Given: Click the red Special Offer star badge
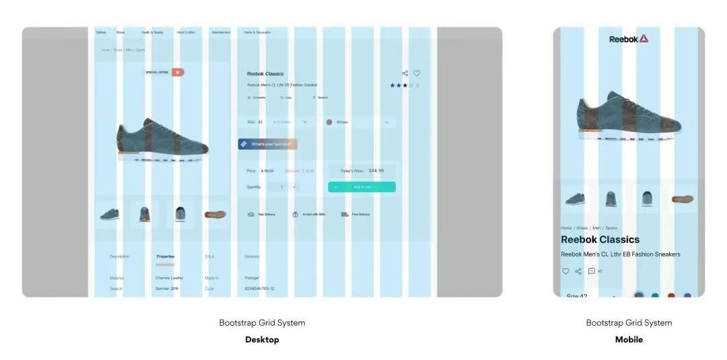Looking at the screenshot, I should (177, 72).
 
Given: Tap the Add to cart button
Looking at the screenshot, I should (361, 187).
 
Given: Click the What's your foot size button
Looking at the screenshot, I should (267, 144).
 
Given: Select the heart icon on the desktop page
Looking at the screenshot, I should (417, 73).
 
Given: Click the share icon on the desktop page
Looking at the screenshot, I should (405, 73).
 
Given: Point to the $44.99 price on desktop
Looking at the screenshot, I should (376, 171).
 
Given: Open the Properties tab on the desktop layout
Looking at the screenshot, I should (166, 256).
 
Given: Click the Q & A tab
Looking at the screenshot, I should (210, 256).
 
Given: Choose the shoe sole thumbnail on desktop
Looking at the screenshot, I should (215, 215).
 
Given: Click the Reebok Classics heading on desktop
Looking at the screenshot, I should (265, 74).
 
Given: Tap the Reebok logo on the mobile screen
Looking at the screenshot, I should (629, 39).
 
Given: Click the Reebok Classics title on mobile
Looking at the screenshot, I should (600, 240).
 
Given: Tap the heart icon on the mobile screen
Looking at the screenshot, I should (565, 271).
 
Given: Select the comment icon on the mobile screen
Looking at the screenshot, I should (592, 271).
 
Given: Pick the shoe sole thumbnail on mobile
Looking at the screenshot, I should (681, 199).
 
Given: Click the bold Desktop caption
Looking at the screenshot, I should (262, 340).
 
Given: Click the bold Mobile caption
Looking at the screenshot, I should (629, 340).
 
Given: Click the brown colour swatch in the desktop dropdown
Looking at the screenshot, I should (329, 122).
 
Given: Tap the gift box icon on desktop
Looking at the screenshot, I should (295, 215).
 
